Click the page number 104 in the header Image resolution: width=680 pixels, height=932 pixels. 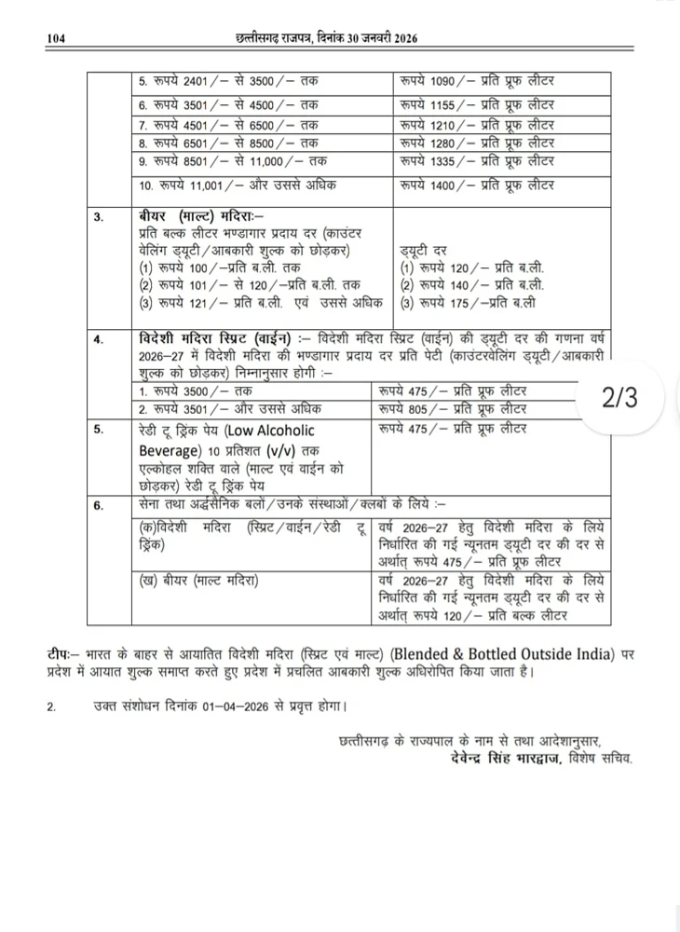(57, 38)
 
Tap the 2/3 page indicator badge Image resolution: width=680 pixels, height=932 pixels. (619, 398)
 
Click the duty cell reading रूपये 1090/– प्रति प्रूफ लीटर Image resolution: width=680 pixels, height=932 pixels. (476, 81)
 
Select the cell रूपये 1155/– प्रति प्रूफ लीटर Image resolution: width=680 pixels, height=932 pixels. (476, 105)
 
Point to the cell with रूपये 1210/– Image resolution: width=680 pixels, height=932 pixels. (476, 124)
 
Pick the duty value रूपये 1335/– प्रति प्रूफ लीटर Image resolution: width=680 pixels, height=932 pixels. (476, 161)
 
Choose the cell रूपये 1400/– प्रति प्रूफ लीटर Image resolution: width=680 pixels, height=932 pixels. (476, 185)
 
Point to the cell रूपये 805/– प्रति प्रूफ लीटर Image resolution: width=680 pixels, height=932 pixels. (453, 408)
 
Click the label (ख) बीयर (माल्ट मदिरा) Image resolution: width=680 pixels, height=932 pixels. (196, 580)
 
